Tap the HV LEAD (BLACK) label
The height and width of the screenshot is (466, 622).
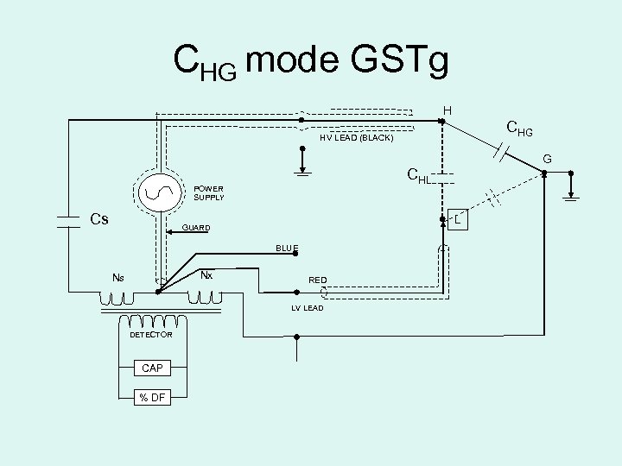[356, 138]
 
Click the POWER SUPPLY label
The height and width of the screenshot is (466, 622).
[208, 193]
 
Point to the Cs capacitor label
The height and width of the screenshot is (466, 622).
[100, 220]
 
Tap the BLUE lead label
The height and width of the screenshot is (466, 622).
[288, 249]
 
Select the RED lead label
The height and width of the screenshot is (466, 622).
[318, 280]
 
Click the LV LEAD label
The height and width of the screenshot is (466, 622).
[307, 308]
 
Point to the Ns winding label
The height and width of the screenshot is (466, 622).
[117, 277]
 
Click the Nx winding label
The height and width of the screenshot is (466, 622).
[206, 275]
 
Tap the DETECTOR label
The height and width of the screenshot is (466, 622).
[151, 334]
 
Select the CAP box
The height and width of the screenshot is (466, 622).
[152, 368]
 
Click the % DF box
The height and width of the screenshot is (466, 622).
[152, 397]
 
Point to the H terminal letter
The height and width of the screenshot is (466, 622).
[447, 110]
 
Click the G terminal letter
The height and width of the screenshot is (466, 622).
[545, 159]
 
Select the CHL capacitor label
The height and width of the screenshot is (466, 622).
[419, 178]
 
